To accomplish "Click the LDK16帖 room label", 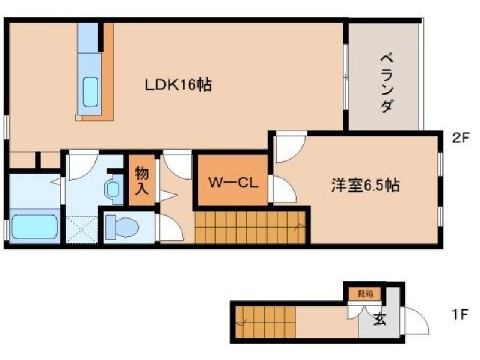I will [x=178, y=85].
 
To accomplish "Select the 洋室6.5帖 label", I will [x=365, y=186].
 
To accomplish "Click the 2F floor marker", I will [x=460, y=138].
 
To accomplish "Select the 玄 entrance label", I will [x=379, y=319].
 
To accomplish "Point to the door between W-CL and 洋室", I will [x=280, y=190].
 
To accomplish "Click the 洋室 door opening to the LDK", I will [x=289, y=146].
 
